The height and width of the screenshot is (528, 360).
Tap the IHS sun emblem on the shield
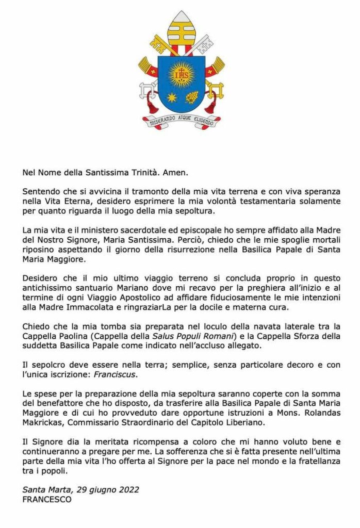181,74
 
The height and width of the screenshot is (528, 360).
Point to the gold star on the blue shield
171,97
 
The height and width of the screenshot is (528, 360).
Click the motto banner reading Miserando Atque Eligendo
181,122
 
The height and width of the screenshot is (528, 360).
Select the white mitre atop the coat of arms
181,26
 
